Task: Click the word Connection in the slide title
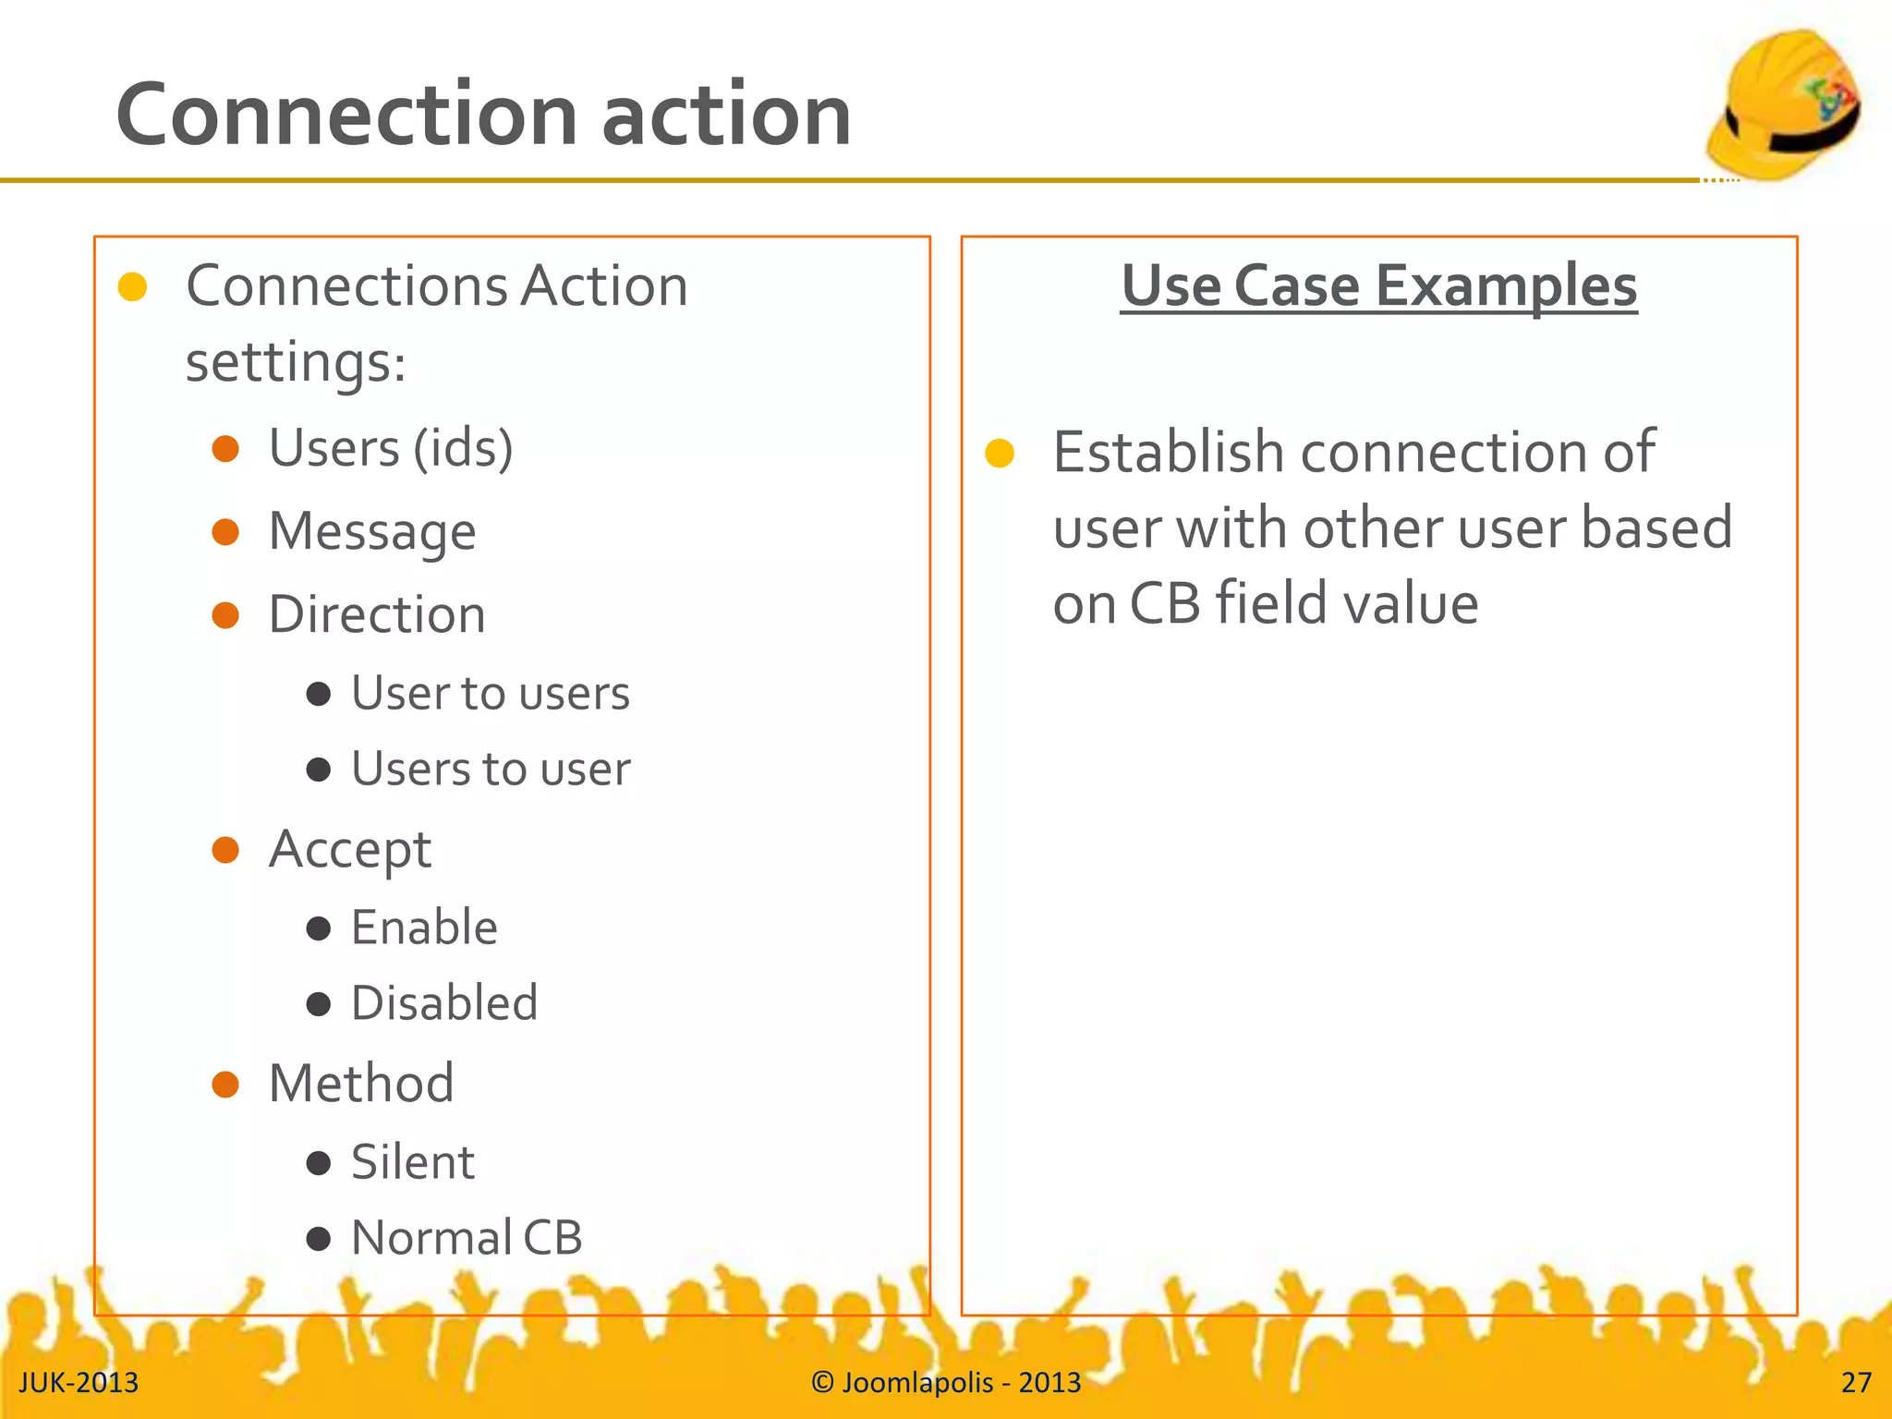[x=347, y=115]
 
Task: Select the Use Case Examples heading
[x=1378, y=285]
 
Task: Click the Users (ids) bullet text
[x=391, y=449]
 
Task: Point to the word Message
[x=372, y=532]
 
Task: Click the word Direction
[x=377, y=615]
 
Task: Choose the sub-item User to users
[x=490, y=694]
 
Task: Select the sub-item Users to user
[x=491, y=770]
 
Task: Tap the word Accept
[x=350, y=850]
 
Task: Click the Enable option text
[x=424, y=928]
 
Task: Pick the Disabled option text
[x=444, y=1004]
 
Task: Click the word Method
[x=361, y=1085]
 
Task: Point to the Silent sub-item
[x=412, y=1163]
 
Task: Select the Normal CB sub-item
[x=467, y=1239]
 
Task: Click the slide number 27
[x=1855, y=1383]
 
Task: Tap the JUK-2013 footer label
[x=79, y=1383]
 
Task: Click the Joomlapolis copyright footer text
[x=946, y=1383]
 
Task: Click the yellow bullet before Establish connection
[x=1000, y=454]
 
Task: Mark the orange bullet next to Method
[x=225, y=1085]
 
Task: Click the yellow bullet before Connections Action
[x=133, y=287]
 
